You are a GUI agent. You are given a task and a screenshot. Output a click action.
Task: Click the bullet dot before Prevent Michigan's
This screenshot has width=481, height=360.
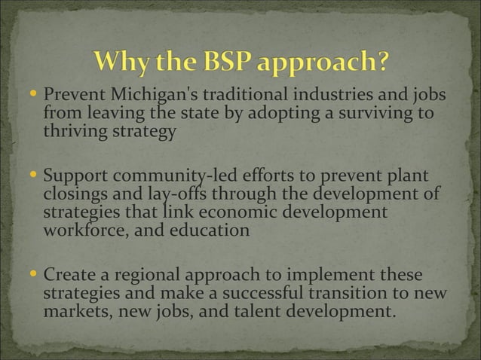[33, 97]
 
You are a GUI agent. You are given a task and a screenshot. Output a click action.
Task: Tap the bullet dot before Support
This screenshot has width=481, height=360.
[33, 179]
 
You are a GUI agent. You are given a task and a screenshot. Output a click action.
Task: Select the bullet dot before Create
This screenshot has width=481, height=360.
[33, 275]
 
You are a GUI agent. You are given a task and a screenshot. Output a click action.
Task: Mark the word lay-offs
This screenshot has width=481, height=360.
[163, 197]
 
